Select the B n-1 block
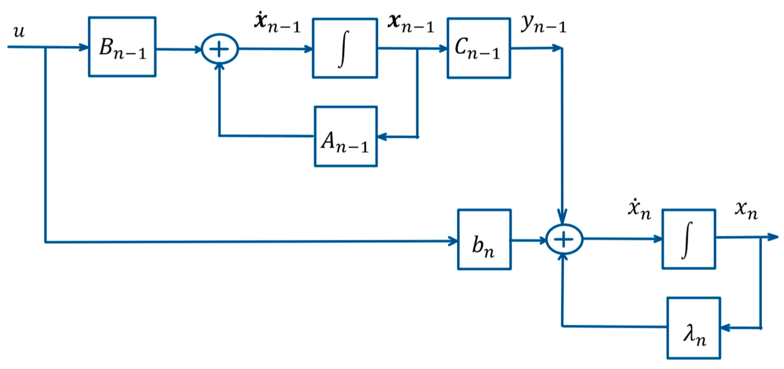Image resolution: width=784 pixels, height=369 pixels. pyautogui.click(x=122, y=47)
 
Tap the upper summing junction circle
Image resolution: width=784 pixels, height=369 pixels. pyautogui.click(x=220, y=49)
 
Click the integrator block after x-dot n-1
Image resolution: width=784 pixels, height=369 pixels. pyautogui.click(x=345, y=48)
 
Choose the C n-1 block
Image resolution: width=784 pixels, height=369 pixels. pyautogui.click(x=479, y=48)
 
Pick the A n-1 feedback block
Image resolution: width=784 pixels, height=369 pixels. pyautogui.click(x=346, y=136)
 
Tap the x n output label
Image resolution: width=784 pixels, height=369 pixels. pyautogui.click(x=746, y=211)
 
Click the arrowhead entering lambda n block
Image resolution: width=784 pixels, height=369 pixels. pyautogui.click(x=725, y=328)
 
